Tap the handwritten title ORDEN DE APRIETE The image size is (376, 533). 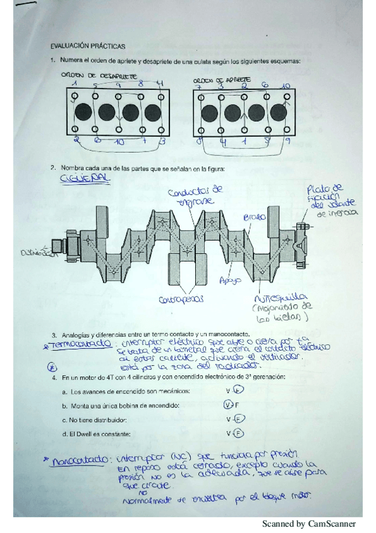tap(222, 80)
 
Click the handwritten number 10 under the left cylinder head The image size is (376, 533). tap(119, 143)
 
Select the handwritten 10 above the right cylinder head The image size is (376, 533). tap(286, 85)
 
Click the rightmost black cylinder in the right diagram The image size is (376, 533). tap(274, 113)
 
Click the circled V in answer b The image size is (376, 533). tap(228, 405)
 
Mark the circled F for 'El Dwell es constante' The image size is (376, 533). tap(239, 433)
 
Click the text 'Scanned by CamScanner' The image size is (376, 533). tap(308, 524)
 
